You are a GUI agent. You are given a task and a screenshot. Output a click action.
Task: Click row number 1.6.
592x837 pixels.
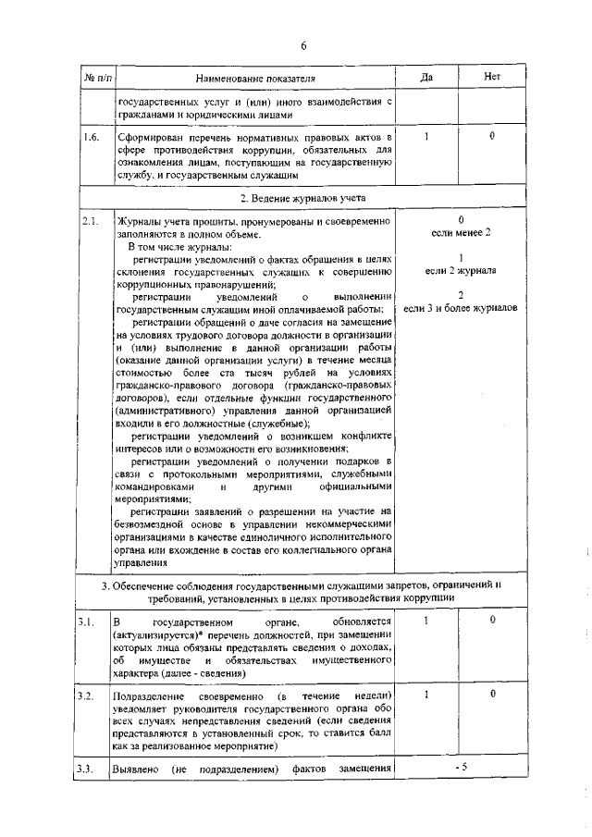click(x=91, y=138)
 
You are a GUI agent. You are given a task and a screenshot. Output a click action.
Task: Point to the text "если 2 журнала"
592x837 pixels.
click(x=461, y=271)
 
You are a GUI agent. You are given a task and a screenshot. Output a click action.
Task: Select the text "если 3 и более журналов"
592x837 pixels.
click(x=461, y=307)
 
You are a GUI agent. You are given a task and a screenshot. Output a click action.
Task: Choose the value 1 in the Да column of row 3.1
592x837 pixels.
click(x=426, y=620)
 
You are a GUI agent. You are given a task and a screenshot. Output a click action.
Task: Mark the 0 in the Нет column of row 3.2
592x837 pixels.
click(x=492, y=692)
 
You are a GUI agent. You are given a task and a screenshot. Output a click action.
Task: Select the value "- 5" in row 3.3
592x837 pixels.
click(x=460, y=767)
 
